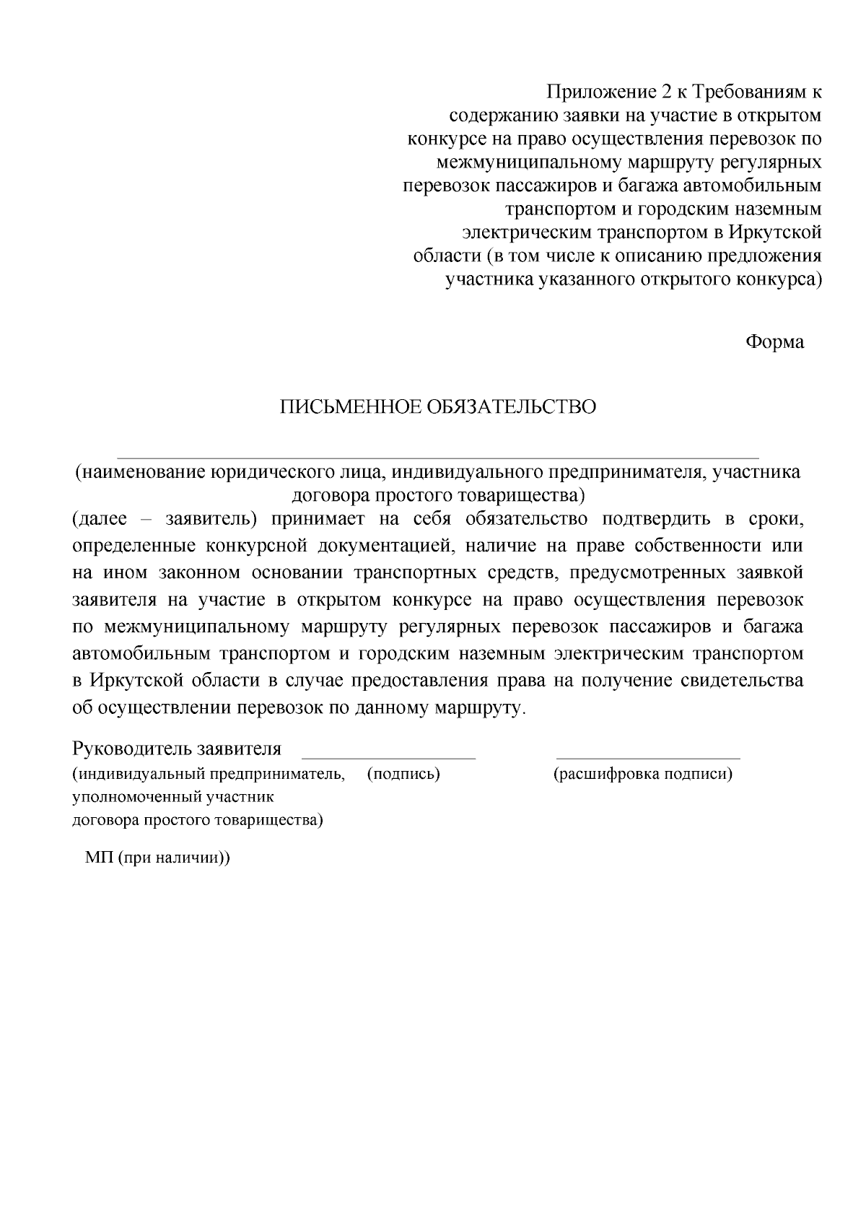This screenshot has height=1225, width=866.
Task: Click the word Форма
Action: [774, 342]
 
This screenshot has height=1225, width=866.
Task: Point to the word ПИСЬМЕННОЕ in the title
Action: [351, 407]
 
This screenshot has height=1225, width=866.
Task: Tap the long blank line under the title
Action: [437, 458]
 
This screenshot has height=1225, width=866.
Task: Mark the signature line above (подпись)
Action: [388, 758]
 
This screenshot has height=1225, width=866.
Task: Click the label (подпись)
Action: [403, 775]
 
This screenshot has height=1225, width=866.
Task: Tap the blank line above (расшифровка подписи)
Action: [648, 758]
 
